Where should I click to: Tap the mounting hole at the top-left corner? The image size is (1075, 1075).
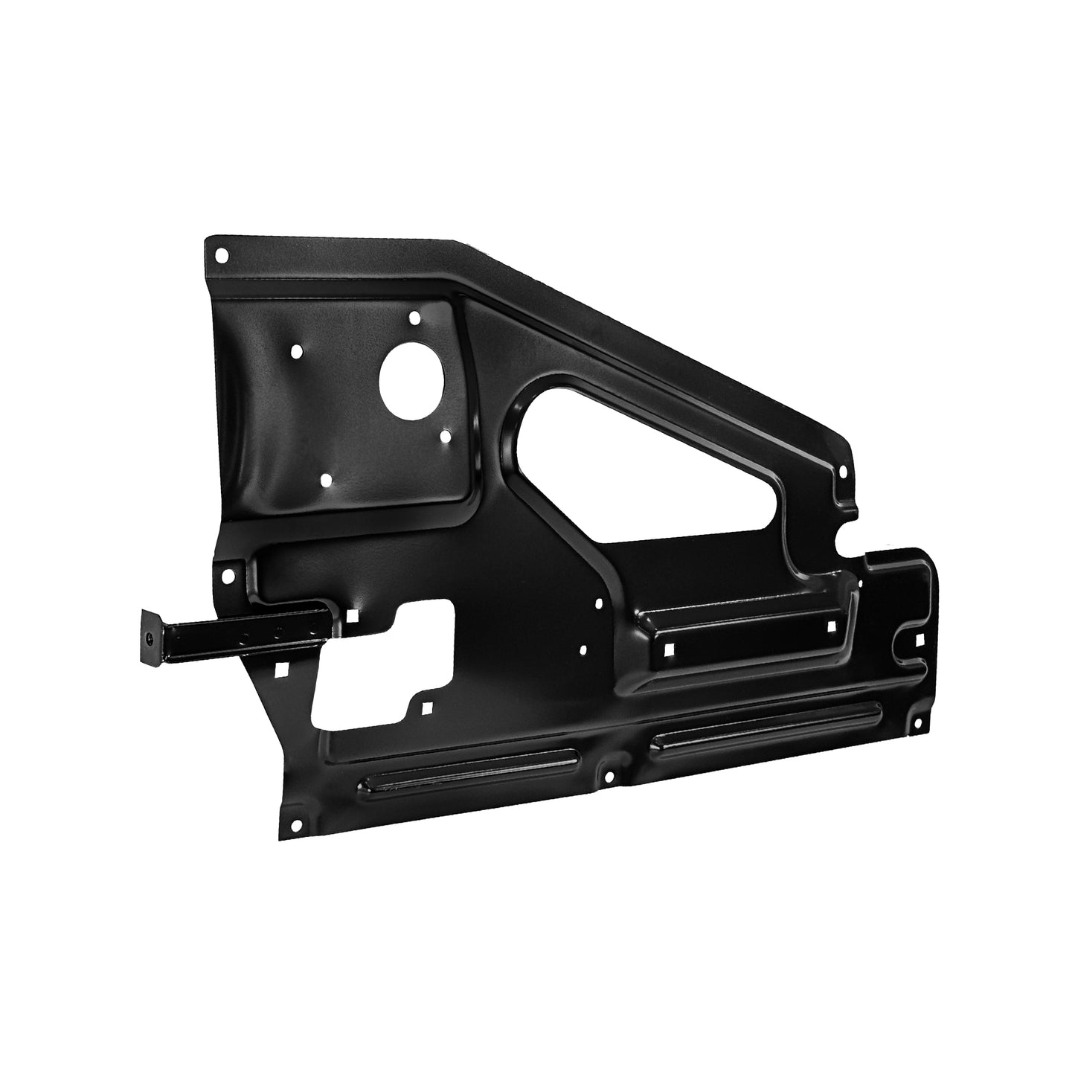click(220, 255)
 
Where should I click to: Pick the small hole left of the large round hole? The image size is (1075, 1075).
click(298, 350)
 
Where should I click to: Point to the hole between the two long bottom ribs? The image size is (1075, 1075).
click(610, 777)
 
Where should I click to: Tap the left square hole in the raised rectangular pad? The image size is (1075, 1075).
click(670, 649)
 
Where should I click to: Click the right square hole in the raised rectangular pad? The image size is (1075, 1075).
click(832, 626)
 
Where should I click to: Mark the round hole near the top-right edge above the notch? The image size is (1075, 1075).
click(843, 470)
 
